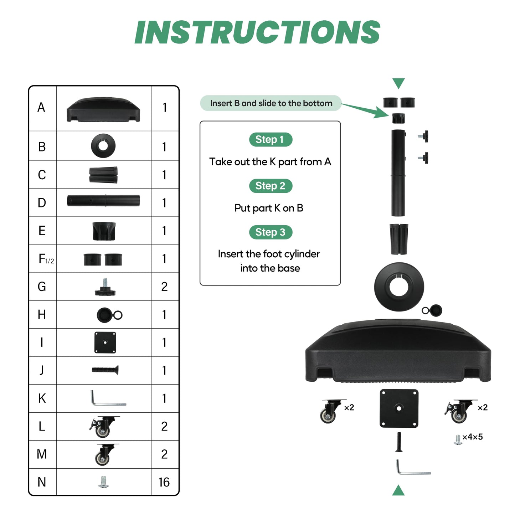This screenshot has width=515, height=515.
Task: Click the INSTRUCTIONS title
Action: [x=257, y=32]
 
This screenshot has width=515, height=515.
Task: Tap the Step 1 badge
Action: [x=271, y=139]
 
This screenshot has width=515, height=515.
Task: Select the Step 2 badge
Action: [x=271, y=186]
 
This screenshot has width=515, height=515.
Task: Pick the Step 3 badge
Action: [x=271, y=232]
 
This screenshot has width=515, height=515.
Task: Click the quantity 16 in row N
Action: [x=164, y=482]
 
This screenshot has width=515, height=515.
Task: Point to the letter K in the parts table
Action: [x=42, y=398]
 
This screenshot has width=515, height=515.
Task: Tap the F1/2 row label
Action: [x=46, y=259]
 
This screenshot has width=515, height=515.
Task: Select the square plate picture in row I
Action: [x=105, y=343]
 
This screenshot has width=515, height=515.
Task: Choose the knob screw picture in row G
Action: [x=105, y=287]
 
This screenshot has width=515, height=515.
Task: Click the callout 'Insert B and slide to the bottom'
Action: [x=271, y=103]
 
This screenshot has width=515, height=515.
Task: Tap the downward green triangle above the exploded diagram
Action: [x=398, y=83]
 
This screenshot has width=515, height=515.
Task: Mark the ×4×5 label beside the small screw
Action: [x=473, y=437]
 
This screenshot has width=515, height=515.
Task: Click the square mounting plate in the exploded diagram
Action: [x=399, y=408]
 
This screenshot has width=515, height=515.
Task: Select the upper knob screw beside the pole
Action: [x=423, y=136]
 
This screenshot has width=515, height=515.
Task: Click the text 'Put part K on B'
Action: [x=269, y=208]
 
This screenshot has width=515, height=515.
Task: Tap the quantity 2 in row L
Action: [x=164, y=426]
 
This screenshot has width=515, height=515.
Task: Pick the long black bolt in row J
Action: [x=105, y=370]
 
